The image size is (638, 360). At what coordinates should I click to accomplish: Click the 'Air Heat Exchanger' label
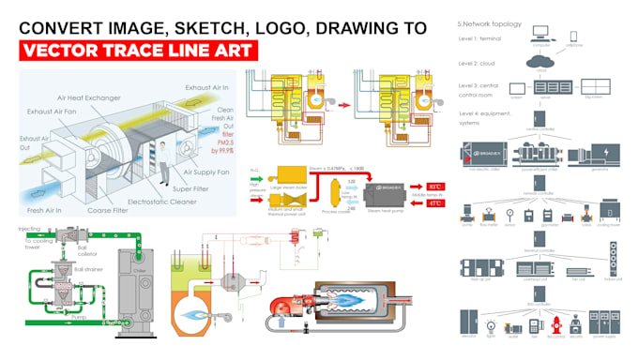pos(100,97)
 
